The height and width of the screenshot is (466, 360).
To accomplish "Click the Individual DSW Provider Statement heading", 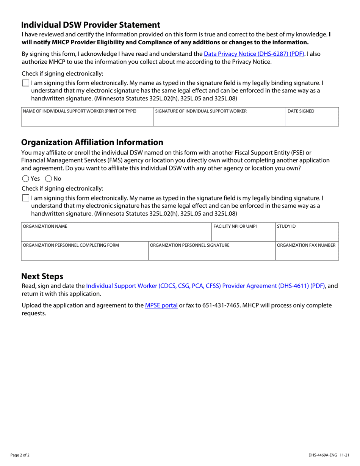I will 91,25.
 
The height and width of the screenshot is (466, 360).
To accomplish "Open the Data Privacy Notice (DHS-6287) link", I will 254,54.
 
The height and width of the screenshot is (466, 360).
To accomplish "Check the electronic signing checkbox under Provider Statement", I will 25,83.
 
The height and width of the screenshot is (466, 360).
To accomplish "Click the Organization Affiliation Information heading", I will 92,142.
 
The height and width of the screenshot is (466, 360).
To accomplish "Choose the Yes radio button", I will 25,178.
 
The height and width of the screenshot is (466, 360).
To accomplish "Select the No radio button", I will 49,178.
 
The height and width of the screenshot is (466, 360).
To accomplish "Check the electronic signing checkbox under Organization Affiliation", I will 25,198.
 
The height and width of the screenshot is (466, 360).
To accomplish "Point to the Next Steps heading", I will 42,276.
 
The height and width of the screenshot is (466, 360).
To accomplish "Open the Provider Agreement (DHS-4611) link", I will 205,286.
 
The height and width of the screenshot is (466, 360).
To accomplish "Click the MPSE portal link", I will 161,305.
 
